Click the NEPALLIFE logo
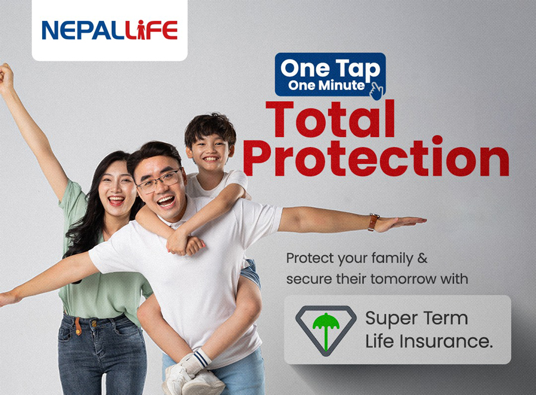coord(110,30)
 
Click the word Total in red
coord(330,119)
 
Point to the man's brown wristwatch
coord(373,222)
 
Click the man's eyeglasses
coord(160,181)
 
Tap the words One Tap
coord(330,69)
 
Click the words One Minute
coord(326,85)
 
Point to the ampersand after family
coord(422,258)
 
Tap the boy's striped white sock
coord(200,359)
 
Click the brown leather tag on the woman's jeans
coord(78,326)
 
